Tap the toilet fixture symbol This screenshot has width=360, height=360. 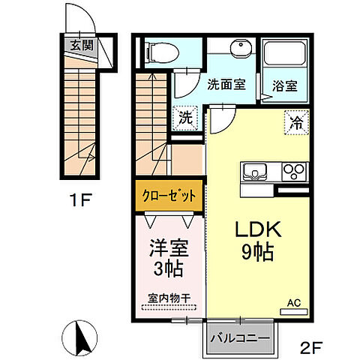point(160,52)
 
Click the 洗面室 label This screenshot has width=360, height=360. point(225,85)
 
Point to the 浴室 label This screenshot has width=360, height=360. point(284,85)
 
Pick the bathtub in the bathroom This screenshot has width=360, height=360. point(285,54)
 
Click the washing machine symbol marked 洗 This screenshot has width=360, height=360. point(183,118)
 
